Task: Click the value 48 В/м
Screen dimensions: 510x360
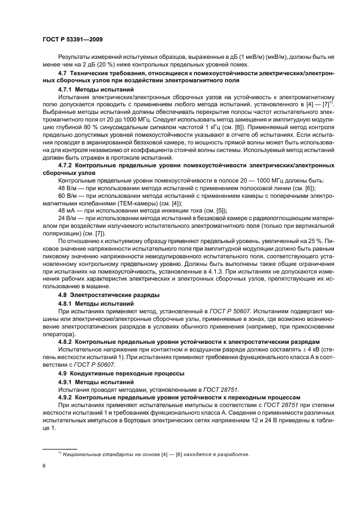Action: click(68, 188)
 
